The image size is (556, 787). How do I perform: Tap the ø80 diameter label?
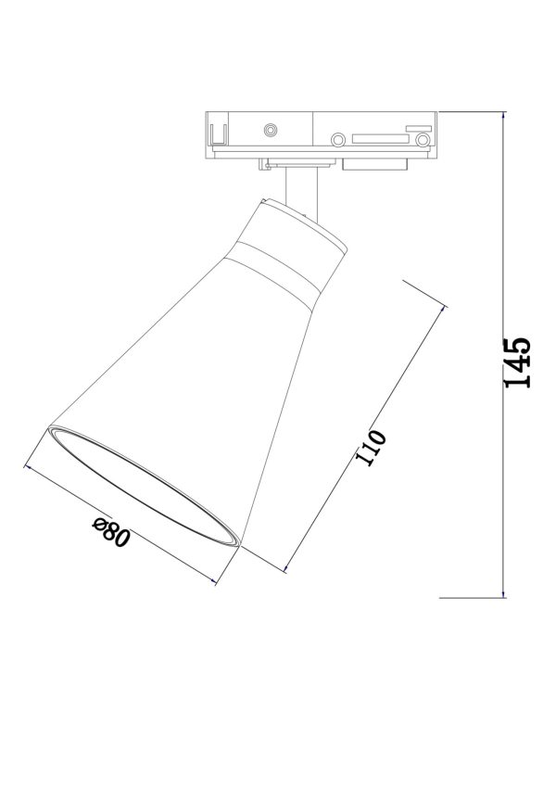click(x=109, y=537)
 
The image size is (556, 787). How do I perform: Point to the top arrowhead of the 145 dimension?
click(x=503, y=117)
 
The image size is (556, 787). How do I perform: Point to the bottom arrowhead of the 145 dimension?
click(x=503, y=593)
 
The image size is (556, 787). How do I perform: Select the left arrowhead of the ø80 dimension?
click(x=28, y=469)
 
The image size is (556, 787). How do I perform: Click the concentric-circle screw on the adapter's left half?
click(x=272, y=131)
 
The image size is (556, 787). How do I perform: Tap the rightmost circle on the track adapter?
click(x=423, y=140)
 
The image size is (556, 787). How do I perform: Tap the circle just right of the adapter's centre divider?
click(x=338, y=140)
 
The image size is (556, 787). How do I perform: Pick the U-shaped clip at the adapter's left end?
click(x=219, y=135)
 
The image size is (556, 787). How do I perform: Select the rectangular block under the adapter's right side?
click(x=374, y=164)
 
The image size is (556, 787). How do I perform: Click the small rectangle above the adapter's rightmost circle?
click(x=423, y=124)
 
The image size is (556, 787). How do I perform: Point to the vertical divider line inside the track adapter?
click(x=312, y=134)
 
